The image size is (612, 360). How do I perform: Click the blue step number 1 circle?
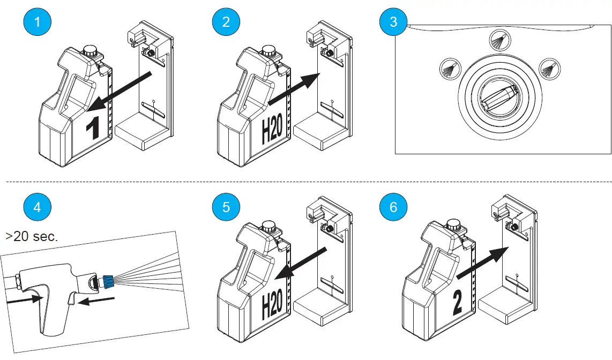(36, 22)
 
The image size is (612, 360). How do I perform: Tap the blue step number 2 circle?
(226, 22)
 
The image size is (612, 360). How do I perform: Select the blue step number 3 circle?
(394, 22)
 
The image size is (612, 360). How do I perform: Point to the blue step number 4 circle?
(36, 207)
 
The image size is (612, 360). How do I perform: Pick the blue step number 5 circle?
(226, 207)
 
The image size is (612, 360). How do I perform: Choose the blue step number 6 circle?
(394, 207)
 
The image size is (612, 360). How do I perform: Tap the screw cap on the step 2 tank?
(267, 51)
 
